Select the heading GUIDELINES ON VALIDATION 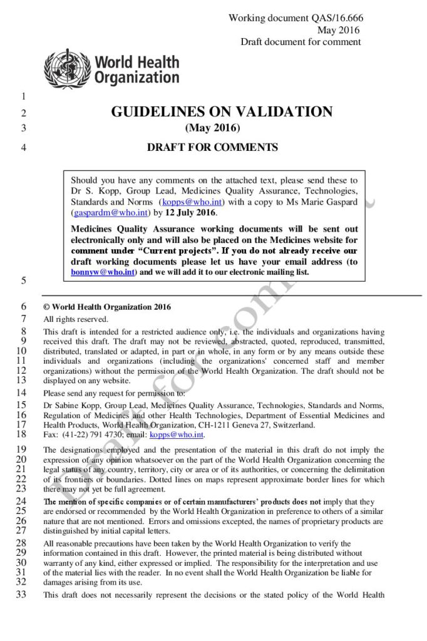(222, 113)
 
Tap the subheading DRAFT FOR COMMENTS (212, 148)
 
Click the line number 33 (21, 594)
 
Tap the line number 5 (23, 280)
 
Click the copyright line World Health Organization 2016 (111, 307)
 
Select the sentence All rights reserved (67, 319)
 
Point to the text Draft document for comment (301, 42)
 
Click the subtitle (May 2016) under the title (212, 129)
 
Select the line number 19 (21, 449)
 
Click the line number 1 (23, 96)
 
